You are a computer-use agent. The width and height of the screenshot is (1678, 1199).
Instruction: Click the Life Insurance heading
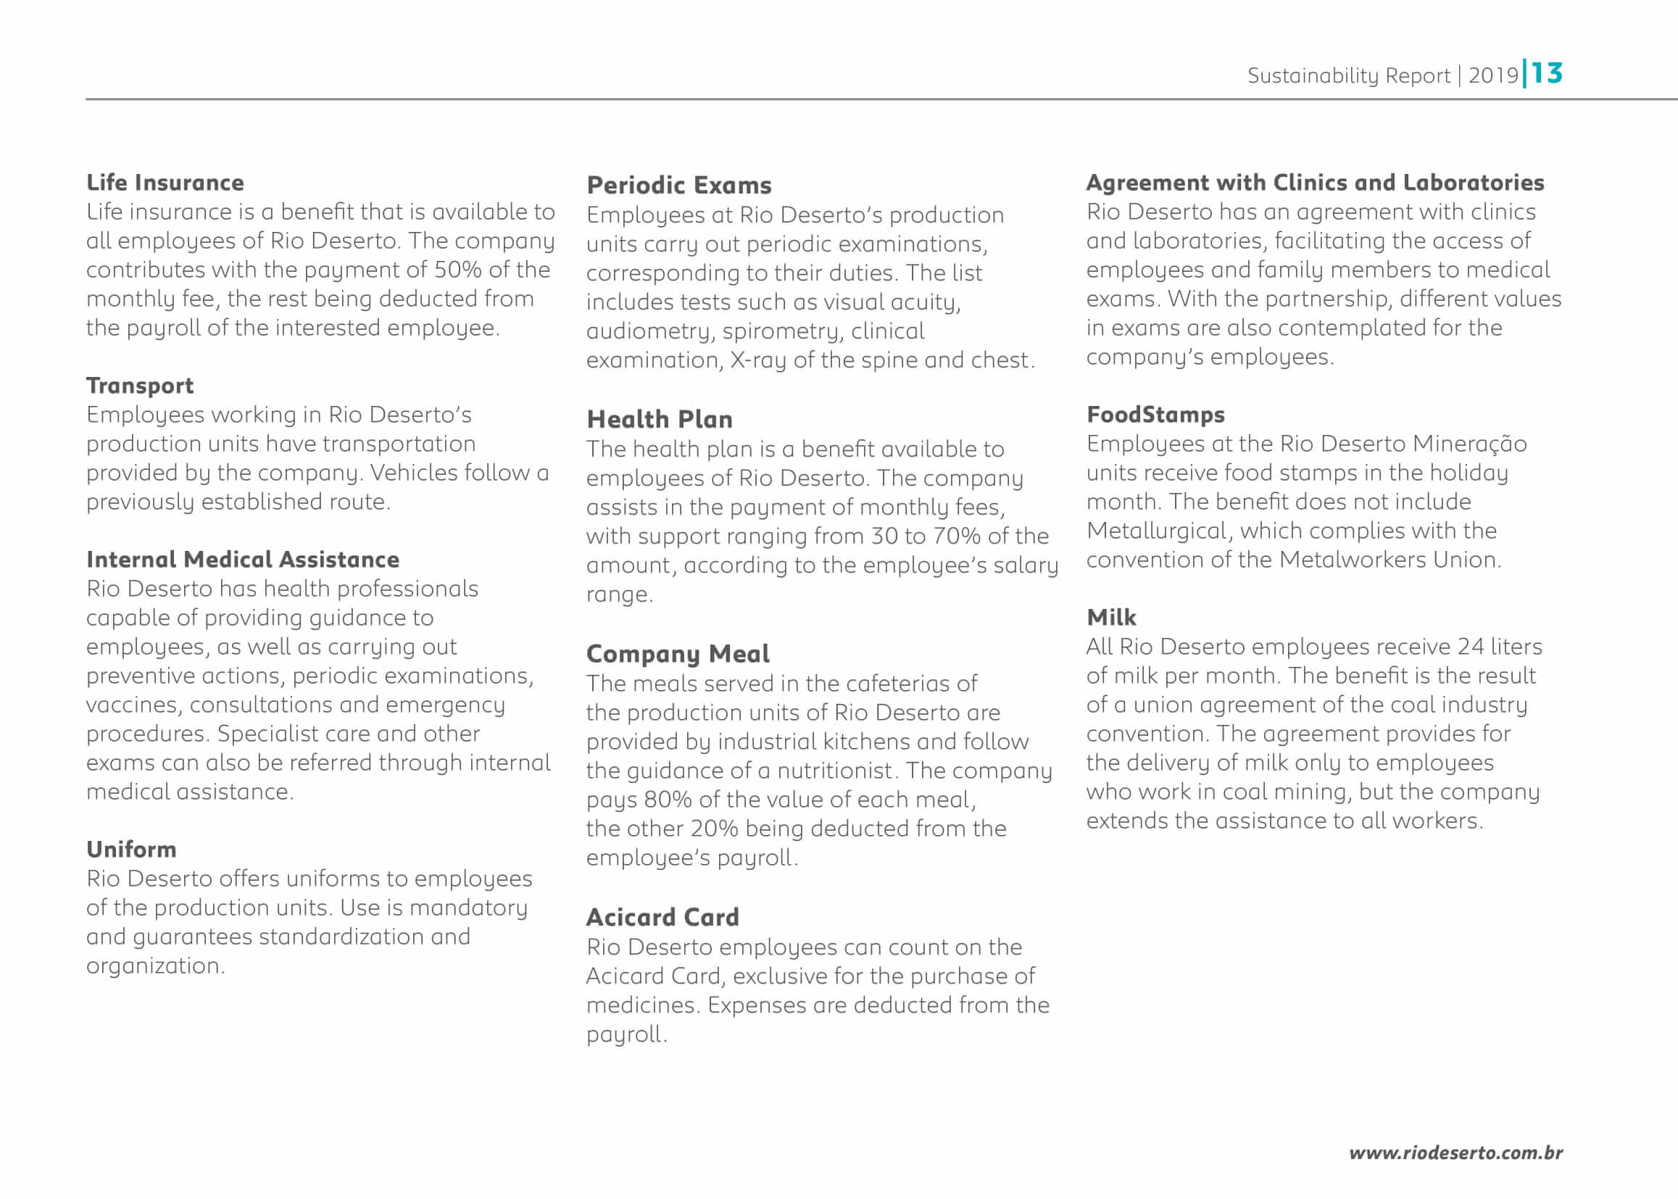[165, 183]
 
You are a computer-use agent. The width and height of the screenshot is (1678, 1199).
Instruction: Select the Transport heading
[139, 386]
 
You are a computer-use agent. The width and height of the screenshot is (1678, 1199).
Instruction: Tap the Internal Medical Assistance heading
[242, 560]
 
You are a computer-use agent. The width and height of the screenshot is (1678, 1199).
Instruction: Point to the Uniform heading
[131, 850]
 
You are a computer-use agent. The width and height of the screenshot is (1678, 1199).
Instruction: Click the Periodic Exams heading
[678, 186]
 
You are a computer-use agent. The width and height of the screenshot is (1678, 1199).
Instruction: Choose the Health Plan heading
[660, 419]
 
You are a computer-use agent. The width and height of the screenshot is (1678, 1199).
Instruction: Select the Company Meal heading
[677, 653]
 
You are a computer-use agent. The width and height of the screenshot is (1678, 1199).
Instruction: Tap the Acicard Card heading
[663, 917]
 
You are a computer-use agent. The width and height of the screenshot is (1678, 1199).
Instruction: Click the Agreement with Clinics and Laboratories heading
[1315, 183]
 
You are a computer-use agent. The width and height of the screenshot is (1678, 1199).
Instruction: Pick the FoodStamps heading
[1155, 415]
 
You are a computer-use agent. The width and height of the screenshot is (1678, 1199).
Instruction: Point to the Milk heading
[1111, 617]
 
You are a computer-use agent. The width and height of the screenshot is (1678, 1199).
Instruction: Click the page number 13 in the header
[1547, 73]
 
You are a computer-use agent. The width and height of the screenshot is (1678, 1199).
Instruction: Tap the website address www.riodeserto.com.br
[1455, 1153]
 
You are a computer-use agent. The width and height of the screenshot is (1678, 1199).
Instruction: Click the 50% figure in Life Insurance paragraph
[457, 270]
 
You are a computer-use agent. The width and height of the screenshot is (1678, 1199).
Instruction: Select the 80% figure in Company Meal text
[668, 800]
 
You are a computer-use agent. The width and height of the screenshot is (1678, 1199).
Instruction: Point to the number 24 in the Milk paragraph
[1471, 647]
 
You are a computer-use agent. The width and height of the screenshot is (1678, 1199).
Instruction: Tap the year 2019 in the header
[1492, 75]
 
